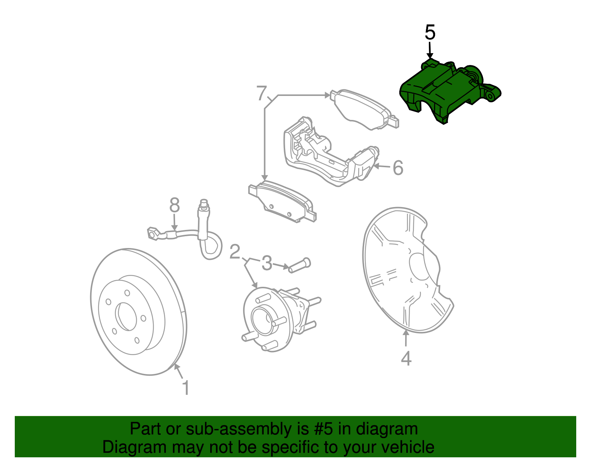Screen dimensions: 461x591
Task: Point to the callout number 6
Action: (397, 168)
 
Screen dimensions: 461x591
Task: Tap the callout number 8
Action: (174, 205)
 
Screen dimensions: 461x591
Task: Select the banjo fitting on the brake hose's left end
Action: (153, 233)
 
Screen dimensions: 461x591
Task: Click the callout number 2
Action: (235, 252)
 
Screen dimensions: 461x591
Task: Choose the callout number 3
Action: (267, 264)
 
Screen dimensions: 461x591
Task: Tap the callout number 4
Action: (406, 358)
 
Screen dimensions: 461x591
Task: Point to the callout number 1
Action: (186, 388)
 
